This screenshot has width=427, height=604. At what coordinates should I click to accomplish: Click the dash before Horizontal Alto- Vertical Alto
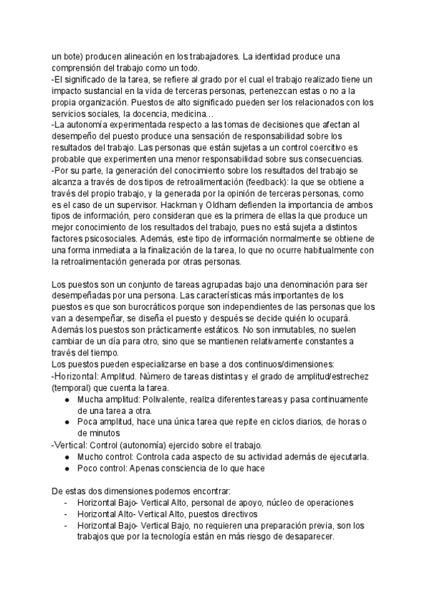tap(66, 514)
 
